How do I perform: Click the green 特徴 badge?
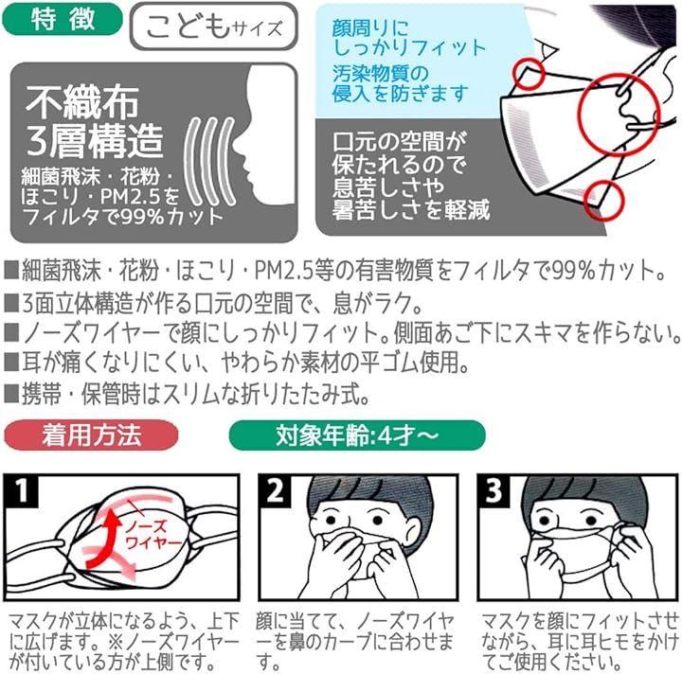pos(63,20)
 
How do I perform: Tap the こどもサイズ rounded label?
pos(213,27)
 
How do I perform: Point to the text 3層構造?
pos(95,140)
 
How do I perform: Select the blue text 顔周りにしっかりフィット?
pos(408,38)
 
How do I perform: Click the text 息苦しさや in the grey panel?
pos(388,186)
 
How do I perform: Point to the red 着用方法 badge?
pos(91,435)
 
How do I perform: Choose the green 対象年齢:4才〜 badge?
pos(357,435)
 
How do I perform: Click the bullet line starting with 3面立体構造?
pos(213,303)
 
